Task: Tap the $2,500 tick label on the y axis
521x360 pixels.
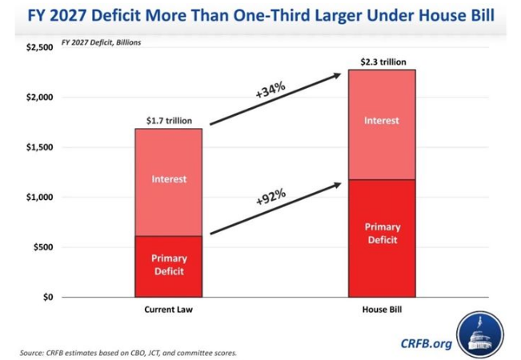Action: click(x=38, y=48)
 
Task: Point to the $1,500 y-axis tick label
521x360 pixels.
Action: click(x=38, y=148)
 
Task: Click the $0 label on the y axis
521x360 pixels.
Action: click(x=46, y=298)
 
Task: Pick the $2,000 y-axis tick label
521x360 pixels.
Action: click(x=38, y=98)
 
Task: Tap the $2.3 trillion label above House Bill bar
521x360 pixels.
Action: click(x=382, y=61)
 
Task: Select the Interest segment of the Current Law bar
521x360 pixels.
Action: click(x=169, y=180)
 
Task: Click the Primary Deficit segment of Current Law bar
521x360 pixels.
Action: click(x=169, y=266)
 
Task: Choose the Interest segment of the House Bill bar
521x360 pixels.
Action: click(x=382, y=122)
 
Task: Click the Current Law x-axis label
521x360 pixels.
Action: click(x=169, y=310)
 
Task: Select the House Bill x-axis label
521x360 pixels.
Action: click(x=382, y=310)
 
